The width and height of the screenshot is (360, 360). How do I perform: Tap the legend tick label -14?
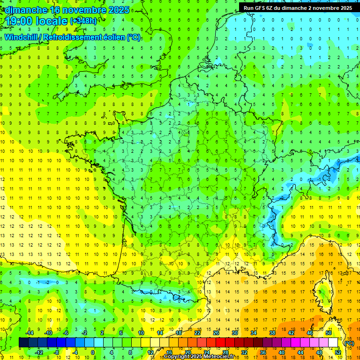pos(30,333)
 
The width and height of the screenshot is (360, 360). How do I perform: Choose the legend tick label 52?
pos(338,352)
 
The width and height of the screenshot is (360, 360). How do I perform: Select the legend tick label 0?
pos(93,352)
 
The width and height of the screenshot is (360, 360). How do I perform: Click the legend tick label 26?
pos(216,333)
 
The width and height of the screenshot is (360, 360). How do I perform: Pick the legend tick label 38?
pos(272,333)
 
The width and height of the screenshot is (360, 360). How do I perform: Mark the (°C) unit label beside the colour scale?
pos(349,343)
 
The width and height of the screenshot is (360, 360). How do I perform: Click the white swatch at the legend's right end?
pos(333,343)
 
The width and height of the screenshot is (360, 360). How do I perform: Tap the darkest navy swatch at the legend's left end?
pos(23,343)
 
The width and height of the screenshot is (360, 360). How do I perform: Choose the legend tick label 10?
pos(141,333)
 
